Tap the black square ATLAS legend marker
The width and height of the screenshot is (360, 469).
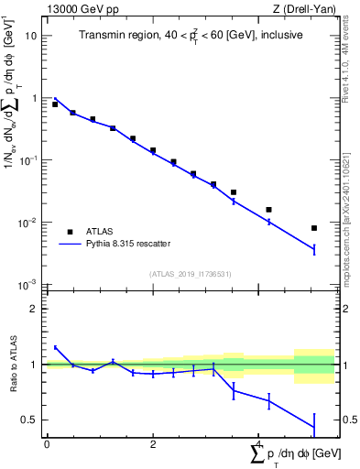[x=69, y=232]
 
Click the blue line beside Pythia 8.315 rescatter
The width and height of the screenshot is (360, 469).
[x=69, y=245]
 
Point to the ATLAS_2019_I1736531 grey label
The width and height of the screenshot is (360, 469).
[x=190, y=273]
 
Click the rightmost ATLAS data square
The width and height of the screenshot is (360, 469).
[x=314, y=228]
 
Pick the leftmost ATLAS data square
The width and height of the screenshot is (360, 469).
[x=55, y=104]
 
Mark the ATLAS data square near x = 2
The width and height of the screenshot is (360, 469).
[x=153, y=150]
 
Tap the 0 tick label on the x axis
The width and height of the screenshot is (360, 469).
[x=47, y=443]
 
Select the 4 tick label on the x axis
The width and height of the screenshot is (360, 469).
[x=259, y=443]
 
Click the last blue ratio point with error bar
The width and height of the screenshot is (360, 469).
[x=314, y=427]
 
